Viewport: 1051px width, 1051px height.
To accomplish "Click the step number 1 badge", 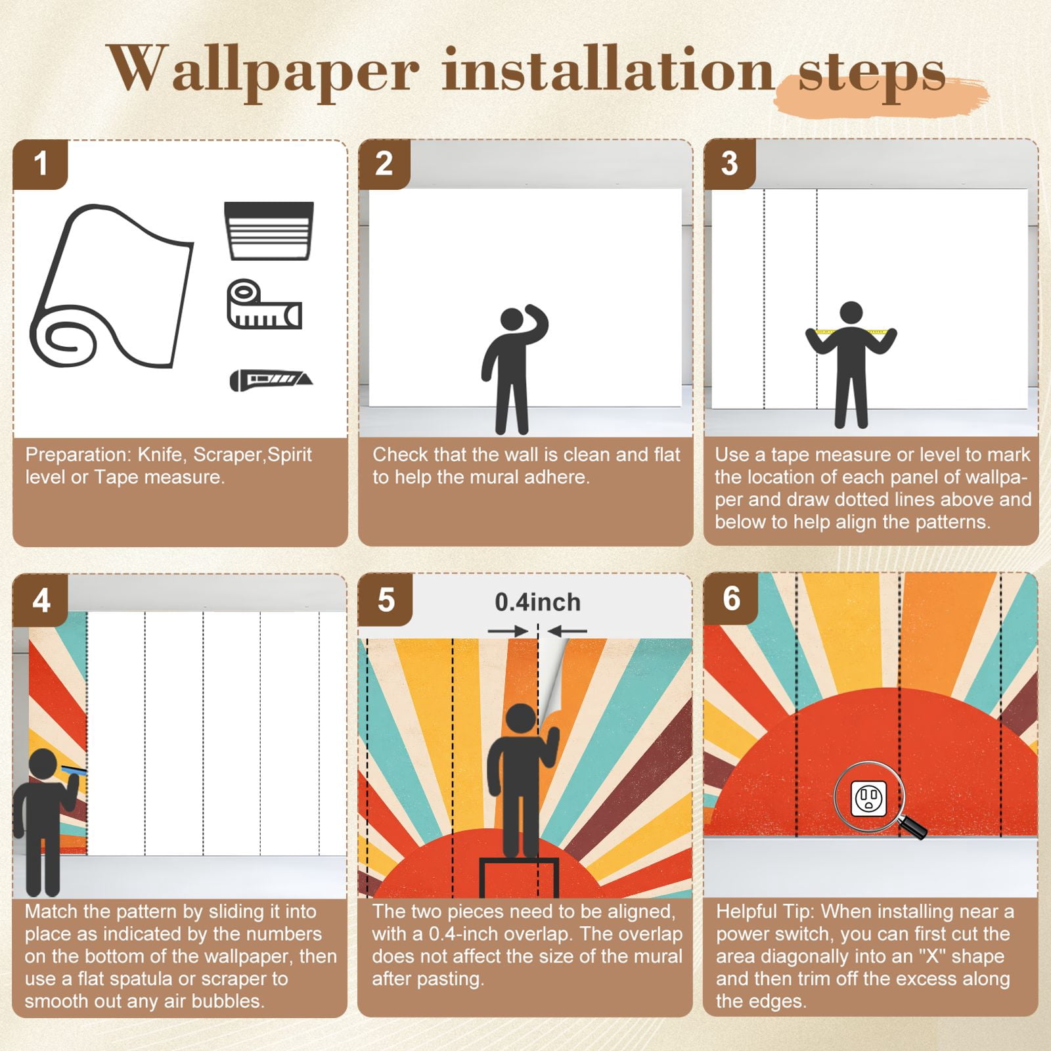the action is tap(40, 164).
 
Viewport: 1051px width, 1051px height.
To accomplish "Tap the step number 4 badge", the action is tap(40, 600).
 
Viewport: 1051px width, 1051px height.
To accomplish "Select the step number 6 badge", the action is tap(731, 598).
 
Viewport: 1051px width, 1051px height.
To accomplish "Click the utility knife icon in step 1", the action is tap(271, 380).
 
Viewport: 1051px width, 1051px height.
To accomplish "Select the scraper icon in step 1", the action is tap(269, 231).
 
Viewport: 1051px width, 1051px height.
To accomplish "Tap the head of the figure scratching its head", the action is tap(511, 320).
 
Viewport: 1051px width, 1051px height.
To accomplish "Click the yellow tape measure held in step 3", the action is tap(851, 331).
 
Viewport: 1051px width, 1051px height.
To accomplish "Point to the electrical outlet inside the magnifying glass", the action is tap(868, 798).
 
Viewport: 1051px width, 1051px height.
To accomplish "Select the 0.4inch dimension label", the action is tap(537, 602).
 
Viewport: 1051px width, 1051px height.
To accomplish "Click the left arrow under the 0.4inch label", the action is tap(508, 631).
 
